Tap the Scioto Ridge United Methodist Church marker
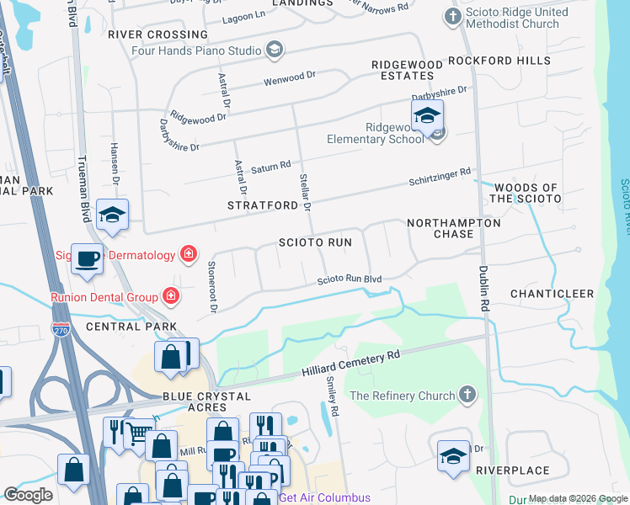(x=453, y=17)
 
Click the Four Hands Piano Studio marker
(x=274, y=50)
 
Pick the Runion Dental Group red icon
(x=170, y=296)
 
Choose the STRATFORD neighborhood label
(x=263, y=205)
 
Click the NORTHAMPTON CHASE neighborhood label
(x=453, y=228)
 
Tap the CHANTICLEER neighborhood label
(x=552, y=294)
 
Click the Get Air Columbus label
(x=324, y=497)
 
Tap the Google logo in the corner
(x=28, y=495)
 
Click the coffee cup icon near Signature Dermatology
(x=87, y=259)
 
